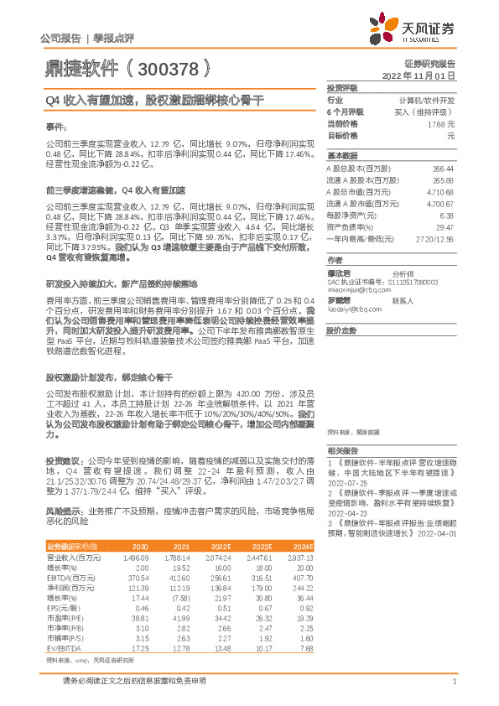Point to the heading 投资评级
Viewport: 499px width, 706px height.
tap(342, 87)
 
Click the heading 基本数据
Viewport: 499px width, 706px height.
tap(342, 156)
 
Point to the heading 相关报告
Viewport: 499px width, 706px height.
tap(342, 450)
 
